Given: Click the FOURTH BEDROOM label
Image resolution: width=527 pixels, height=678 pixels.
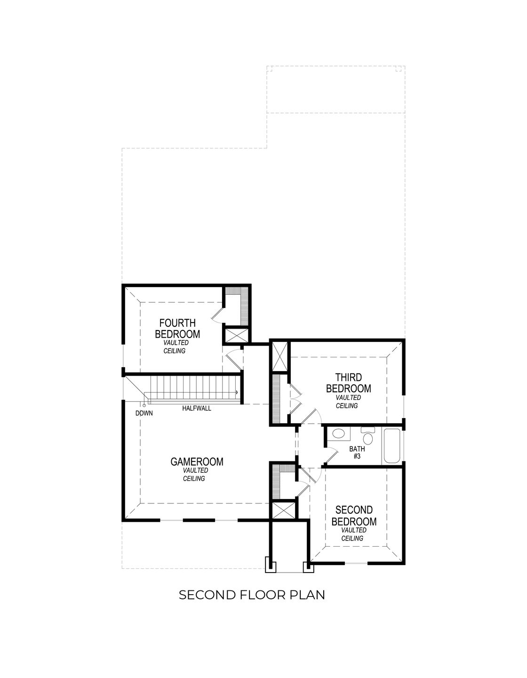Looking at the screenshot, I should coord(177,329).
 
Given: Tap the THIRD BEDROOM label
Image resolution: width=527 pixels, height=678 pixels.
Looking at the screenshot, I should coord(348,383).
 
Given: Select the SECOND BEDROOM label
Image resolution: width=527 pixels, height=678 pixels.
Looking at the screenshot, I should coord(354,516).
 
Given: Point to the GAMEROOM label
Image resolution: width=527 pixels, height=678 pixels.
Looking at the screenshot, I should coord(197,462).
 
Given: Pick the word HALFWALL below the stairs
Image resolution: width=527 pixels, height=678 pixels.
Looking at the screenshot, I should coord(197,409).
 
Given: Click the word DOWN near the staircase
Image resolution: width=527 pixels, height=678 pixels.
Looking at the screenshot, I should coord(144,413).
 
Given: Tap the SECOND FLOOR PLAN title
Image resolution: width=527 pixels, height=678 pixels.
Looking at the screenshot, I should coord(252,595).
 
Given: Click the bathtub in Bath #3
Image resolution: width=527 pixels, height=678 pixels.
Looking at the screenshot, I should coord(391,446).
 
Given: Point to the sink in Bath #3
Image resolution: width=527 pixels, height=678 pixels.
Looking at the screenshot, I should coord(337,434).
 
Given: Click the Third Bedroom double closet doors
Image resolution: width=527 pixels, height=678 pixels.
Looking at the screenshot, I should coord(293,399).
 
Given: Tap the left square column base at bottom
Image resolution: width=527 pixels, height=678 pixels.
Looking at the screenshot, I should coord(271,565).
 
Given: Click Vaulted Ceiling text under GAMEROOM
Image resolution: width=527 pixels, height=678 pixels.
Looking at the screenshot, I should coord(194,474).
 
